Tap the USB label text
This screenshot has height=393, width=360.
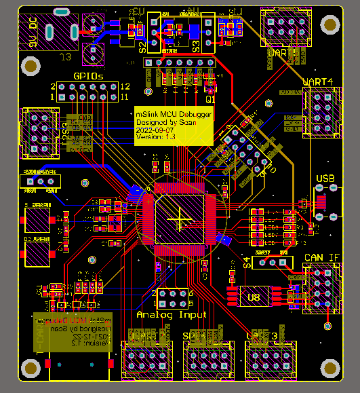pyautogui.click(x=325, y=179)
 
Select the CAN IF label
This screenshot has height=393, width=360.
pyautogui.click(x=323, y=257)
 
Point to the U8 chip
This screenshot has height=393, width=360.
pyautogui.click(x=254, y=297)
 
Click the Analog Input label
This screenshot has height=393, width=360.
pyautogui.click(x=172, y=315)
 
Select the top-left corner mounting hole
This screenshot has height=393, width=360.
pyautogui.click(x=30, y=66)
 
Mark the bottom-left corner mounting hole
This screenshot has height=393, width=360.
pyautogui.click(x=30, y=368)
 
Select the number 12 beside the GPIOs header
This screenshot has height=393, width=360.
pyautogui.click(x=125, y=87)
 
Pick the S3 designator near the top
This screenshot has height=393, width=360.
pyautogui.click(x=195, y=47)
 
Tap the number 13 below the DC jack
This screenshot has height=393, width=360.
pyautogui.click(x=66, y=56)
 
